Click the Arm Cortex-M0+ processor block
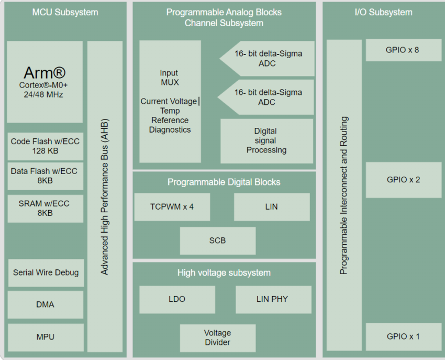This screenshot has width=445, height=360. click(44, 82)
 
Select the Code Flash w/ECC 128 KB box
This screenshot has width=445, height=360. click(46, 146)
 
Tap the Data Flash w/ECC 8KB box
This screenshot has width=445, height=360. click(46, 176)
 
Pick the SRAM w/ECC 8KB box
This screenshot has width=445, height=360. click(46, 209)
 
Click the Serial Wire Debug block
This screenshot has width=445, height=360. click(46, 272)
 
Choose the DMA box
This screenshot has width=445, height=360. click(46, 304)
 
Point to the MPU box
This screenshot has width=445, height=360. click(46, 337)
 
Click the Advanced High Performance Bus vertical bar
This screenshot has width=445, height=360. click(105, 197)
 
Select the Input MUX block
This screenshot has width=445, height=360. click(170, 101)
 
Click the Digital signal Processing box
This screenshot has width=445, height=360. click(266, 141)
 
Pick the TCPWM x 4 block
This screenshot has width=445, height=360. click(172, 206)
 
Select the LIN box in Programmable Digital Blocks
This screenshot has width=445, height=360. click(271, 206)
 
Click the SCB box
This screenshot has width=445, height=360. click(217, 241)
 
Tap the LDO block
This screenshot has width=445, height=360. click(177, 299)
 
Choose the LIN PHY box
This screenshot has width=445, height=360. click(273, 299)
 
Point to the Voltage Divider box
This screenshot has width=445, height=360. click(217, 337)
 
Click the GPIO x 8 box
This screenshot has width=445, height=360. click(403, 50)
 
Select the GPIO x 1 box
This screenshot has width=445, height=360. click(403, 336)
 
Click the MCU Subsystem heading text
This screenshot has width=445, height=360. click(65, 12)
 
